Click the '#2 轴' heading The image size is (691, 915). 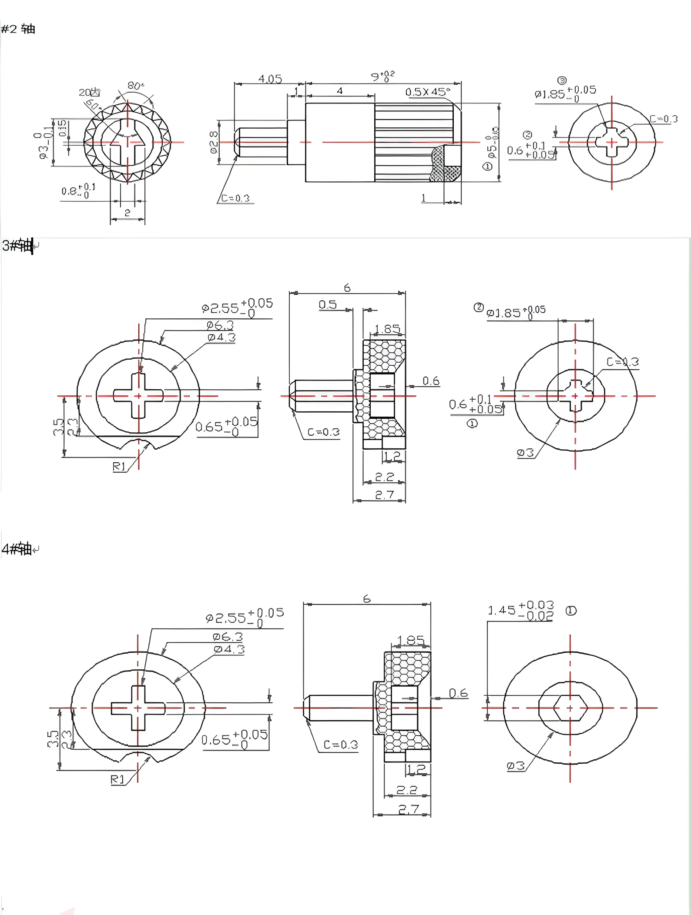18,29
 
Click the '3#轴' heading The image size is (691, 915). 18,246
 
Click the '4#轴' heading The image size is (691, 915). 17,549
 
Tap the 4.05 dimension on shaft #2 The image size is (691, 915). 270,79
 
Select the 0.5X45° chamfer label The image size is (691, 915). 427,92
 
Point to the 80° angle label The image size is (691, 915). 135,86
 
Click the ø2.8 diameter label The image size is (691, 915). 214,143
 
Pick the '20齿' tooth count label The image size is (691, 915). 89,92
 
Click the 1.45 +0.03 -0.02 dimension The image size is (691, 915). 521,610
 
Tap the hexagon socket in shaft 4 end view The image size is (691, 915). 570,708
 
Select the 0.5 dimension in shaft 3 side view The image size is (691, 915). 328,304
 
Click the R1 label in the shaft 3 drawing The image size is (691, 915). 119,467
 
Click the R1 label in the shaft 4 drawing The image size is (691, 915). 117,779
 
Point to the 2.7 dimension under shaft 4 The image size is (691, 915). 409,809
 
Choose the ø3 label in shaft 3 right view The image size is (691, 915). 525,453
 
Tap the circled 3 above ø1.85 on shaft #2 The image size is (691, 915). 562,80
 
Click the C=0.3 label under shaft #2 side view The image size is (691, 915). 235,198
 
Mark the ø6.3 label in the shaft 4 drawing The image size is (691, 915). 227,637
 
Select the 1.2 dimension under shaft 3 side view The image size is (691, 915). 392,456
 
